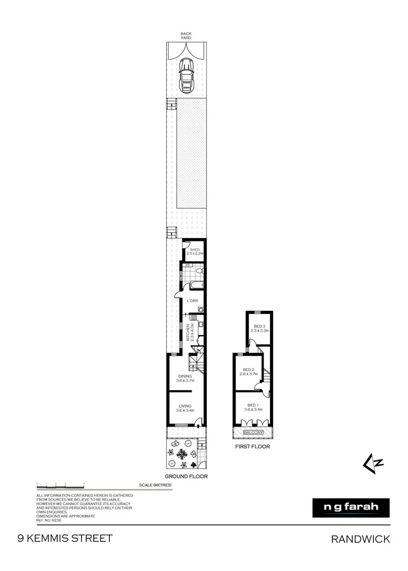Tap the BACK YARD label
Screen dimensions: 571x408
[x=186, y=36]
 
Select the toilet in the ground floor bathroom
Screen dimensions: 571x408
[x=199, y=271]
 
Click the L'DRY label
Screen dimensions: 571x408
[x=192, y=301]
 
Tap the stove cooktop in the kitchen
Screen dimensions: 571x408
[x=194, y=318]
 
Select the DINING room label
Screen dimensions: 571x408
[x=185, y=376]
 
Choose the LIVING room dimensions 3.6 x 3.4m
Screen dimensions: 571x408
[x=185, y=410]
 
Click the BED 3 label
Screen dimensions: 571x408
[x=259, y=326]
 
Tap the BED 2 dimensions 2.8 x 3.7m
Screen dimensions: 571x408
[x=249, y=374]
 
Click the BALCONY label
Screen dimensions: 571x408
[x=253, y=432]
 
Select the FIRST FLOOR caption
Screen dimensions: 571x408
[x=252, y=447]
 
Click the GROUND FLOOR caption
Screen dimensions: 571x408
[x=185, y=476]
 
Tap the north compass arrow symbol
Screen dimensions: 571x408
[x=373, y=463]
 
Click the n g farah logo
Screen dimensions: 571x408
[x=351, y=508]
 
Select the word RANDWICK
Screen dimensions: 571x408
[x=360, y=539]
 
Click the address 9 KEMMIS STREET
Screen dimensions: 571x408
[x=65, y=539]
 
